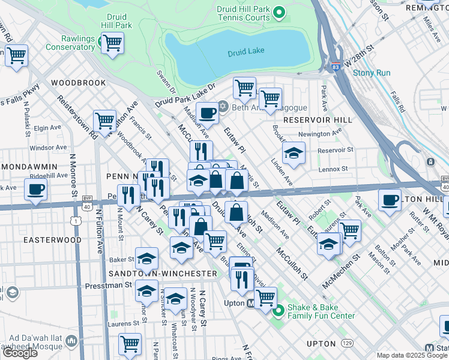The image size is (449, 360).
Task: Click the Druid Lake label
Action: click(246, 53)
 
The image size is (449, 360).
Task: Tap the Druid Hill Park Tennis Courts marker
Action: click(279, 12)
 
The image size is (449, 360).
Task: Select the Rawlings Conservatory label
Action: click(70, 43)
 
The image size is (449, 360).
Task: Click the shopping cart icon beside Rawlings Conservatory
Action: click(112, 43)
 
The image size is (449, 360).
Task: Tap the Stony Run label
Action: click(371, 73)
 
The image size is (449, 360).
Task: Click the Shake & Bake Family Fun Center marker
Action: click(278, 311)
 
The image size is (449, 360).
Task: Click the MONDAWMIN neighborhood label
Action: click(30, 166)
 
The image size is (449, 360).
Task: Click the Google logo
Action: click(19, 352)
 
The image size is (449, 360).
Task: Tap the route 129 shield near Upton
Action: click(347, 343)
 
